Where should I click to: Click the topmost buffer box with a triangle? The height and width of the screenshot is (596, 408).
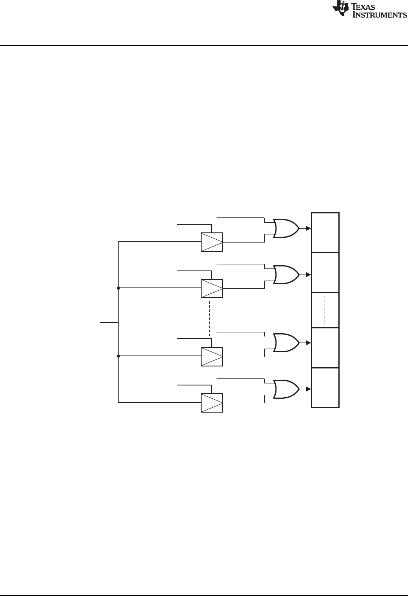pos(212,242)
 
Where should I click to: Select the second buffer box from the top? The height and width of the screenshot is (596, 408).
pos(212,288)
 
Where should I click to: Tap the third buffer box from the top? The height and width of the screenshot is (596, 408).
pos(212,356)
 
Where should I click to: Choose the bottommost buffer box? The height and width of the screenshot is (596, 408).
pos(212,402)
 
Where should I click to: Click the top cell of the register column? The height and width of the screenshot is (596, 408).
pos(325,232)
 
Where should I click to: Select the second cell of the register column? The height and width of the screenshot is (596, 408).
pos(325,272)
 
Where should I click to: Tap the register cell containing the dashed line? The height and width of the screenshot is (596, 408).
pos(325,310)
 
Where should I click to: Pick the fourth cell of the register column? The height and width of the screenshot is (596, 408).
pos(325,348)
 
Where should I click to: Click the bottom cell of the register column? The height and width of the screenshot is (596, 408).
pos(325,387)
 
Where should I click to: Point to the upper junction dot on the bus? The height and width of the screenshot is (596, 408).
pos(118,288)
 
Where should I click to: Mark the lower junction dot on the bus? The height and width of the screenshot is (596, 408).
pos(118,356)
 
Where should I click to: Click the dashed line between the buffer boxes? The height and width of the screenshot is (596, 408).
pos(209,318)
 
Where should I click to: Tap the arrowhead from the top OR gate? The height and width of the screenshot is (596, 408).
pos(308,228)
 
